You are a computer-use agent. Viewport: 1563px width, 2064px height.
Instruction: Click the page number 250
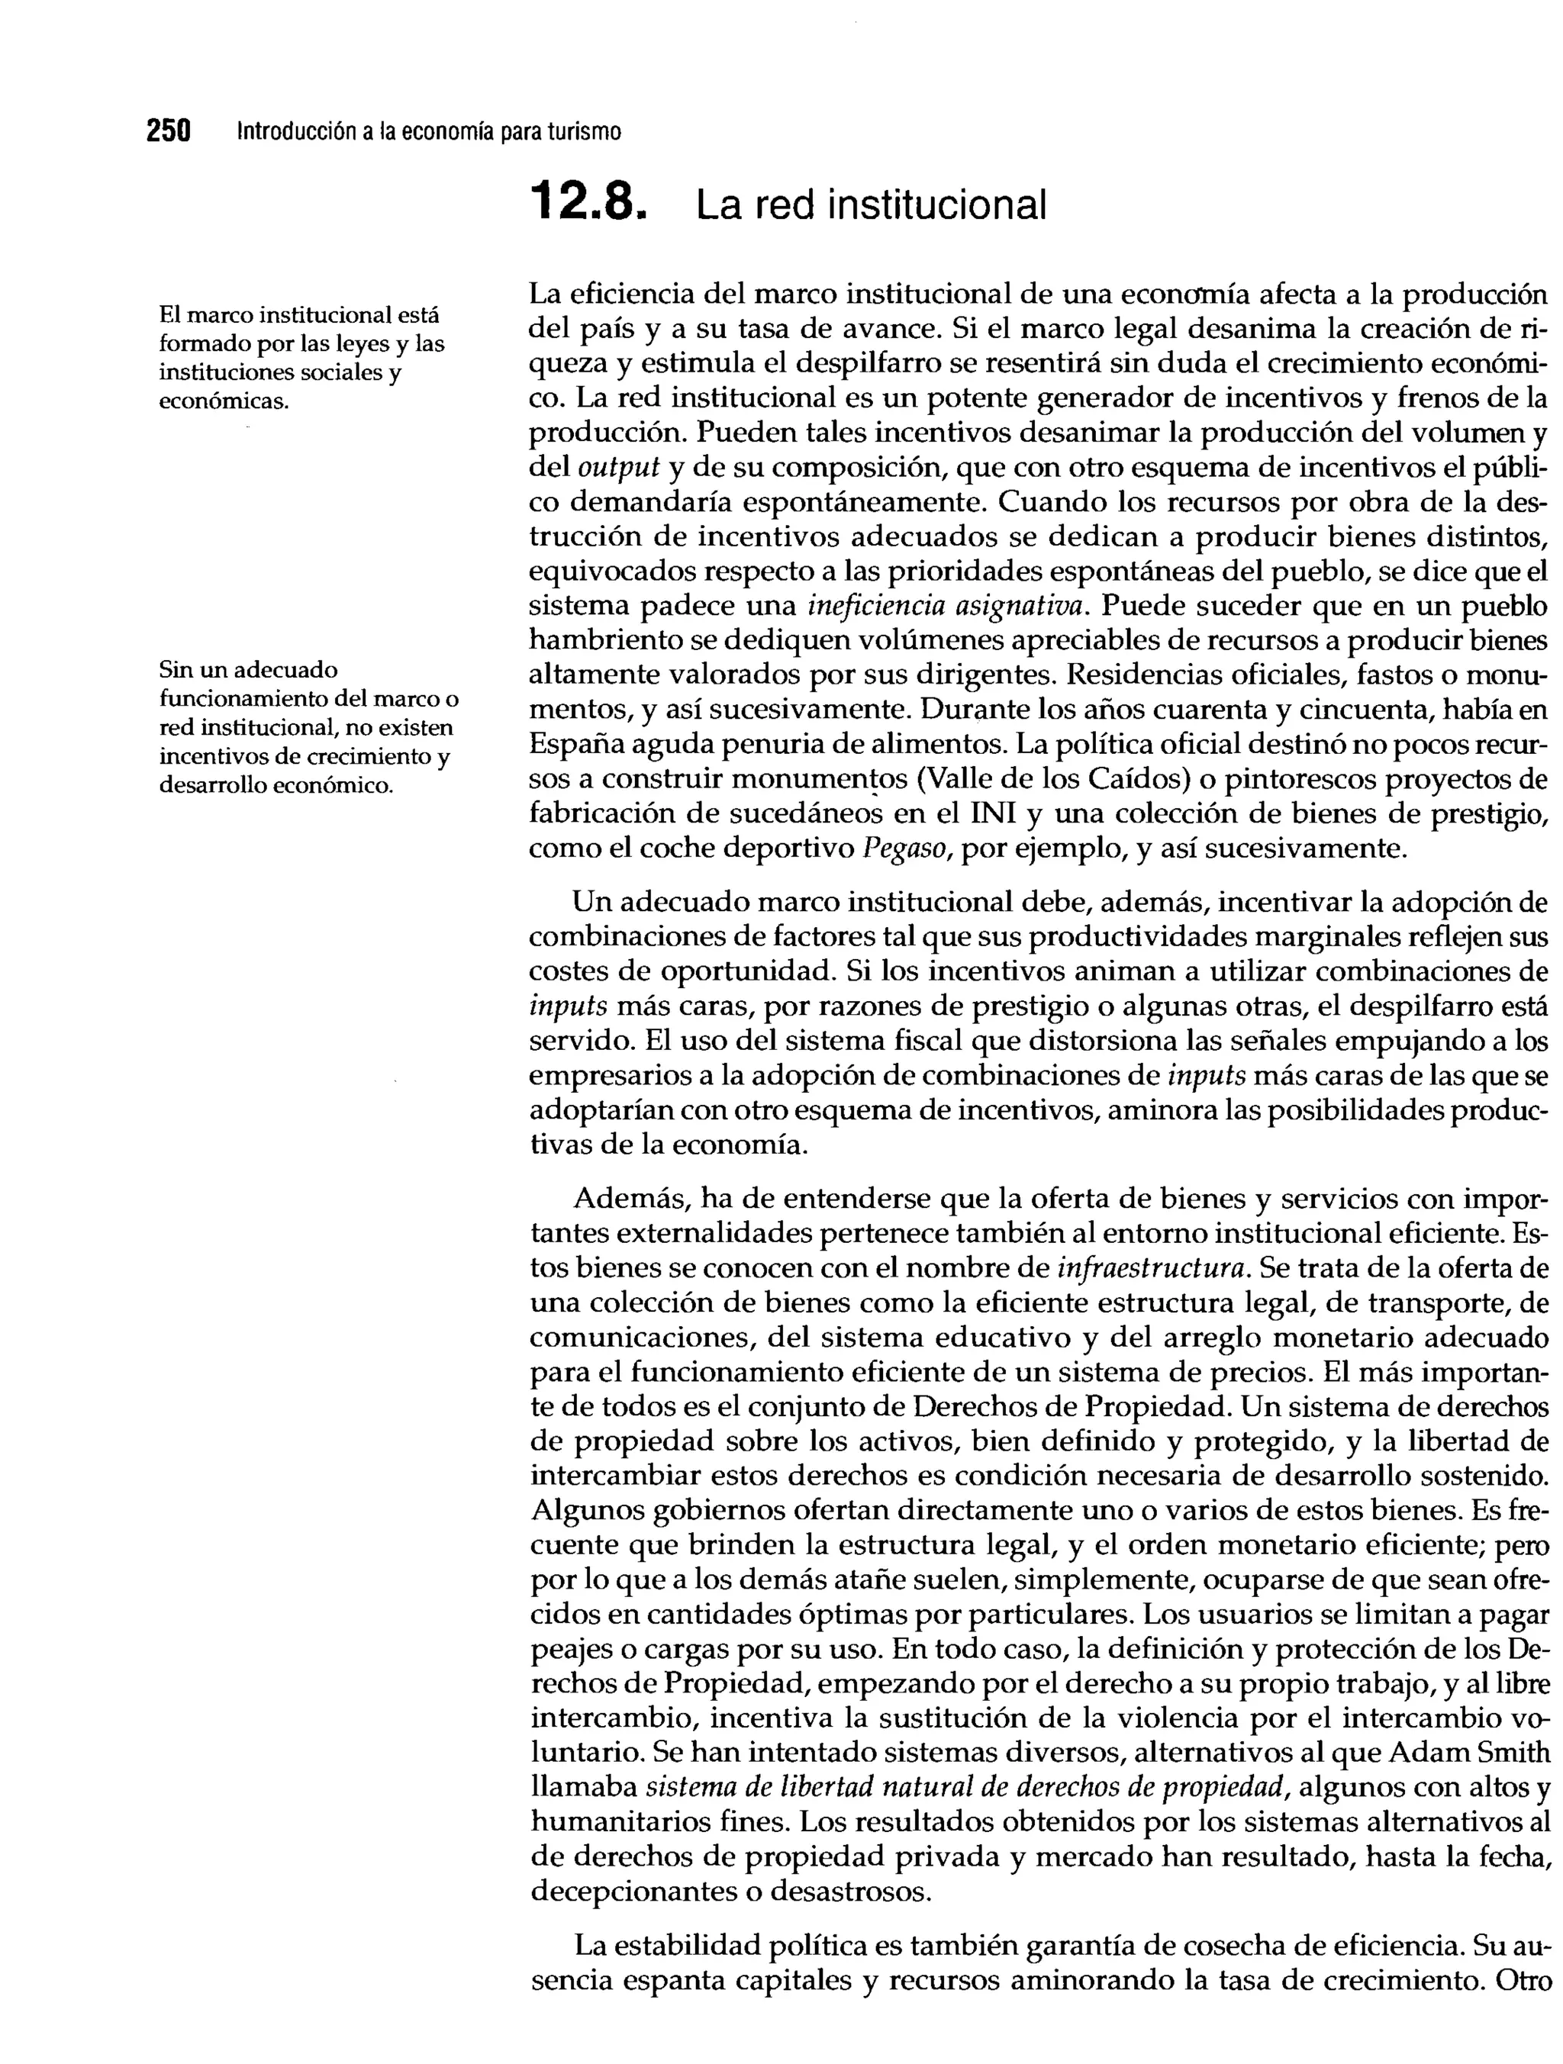click(168, 130)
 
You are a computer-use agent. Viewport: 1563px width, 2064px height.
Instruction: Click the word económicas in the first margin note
click(223, 402)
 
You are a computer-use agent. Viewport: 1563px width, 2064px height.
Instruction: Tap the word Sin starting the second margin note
click(173, 669)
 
